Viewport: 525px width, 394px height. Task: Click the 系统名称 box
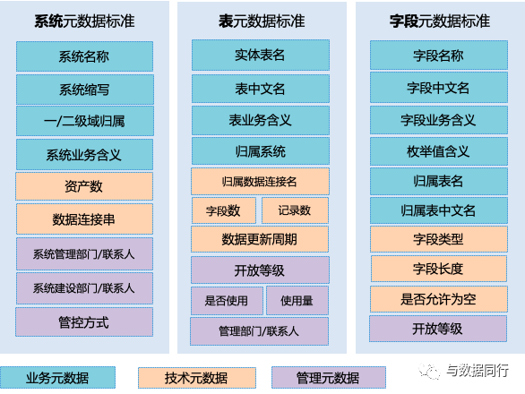tap(85, 56)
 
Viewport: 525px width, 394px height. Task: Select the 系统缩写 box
tap(85, 90)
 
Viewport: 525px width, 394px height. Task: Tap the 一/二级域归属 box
tap(85, 121)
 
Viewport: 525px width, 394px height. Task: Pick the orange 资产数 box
tap(84, 186)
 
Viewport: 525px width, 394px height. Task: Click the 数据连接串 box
tap(85, 218)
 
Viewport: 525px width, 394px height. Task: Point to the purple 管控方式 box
tap(84, 322)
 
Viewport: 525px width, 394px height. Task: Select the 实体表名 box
tap(261, 55)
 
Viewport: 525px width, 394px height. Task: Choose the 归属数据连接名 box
tap(260, 182)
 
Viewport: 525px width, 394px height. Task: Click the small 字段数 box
tap(224, 210)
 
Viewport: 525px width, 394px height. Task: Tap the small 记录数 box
tap(295, 210)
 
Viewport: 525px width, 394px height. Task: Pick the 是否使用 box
tap(227, 300)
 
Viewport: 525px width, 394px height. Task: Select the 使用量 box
tap(297, 300)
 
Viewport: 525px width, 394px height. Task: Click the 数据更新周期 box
tap(260, 239)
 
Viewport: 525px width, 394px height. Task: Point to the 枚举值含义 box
tap(439, 151)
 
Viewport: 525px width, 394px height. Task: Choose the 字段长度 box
tap(439, 269)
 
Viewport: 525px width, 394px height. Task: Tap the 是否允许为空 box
tap(439, 299)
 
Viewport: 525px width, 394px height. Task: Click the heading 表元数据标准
tap(262, 21)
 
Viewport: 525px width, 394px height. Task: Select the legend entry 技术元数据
tap(197, 378)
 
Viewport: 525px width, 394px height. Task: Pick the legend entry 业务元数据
tap(57, 378)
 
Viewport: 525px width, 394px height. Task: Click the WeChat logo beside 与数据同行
tap(429, 371)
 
